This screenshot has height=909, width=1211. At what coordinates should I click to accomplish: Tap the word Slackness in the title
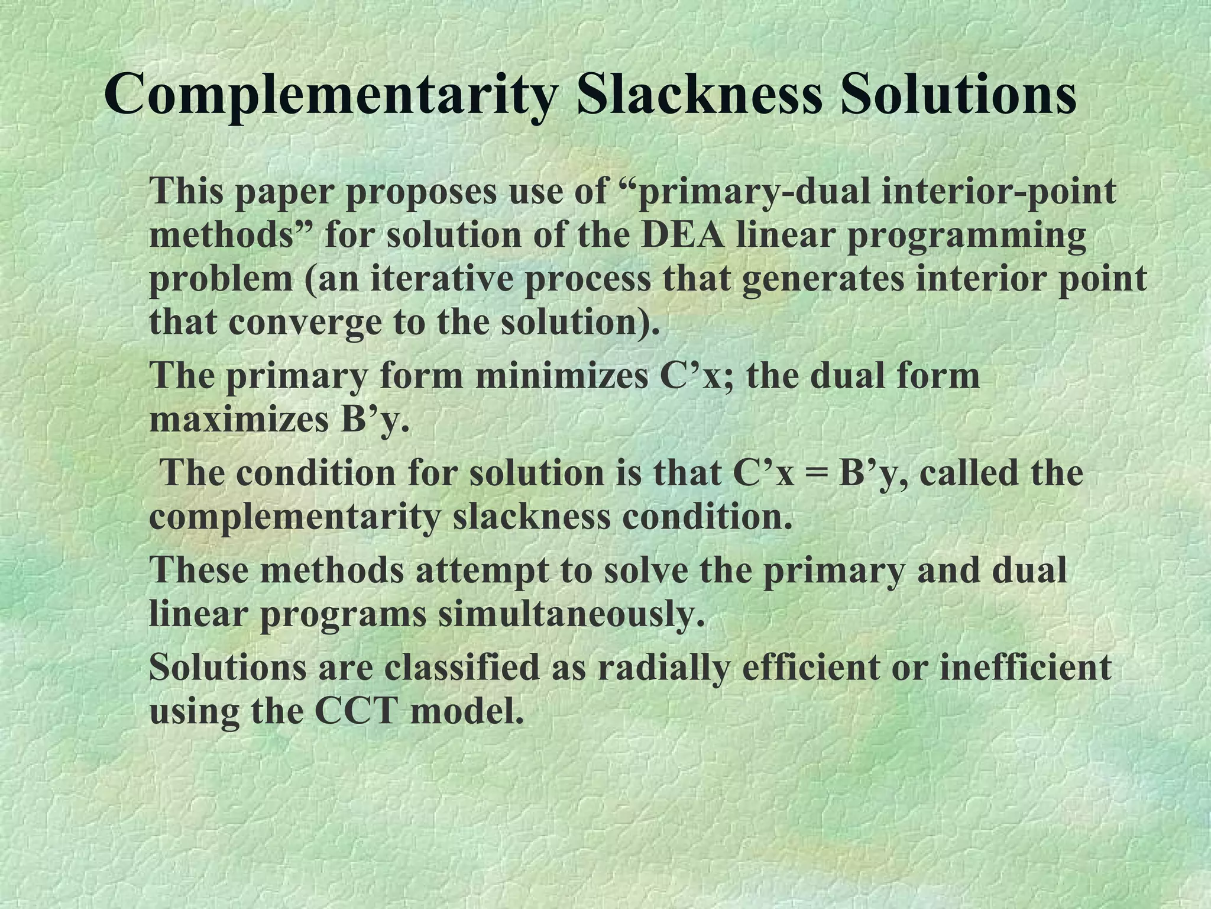coord(700,95)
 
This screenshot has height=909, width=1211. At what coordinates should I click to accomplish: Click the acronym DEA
coord(682,236)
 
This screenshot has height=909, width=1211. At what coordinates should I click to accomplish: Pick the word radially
coord(660,668)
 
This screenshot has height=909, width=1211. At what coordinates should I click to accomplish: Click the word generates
coord(822,279)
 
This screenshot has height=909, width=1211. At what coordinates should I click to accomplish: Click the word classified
coord(461,668)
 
